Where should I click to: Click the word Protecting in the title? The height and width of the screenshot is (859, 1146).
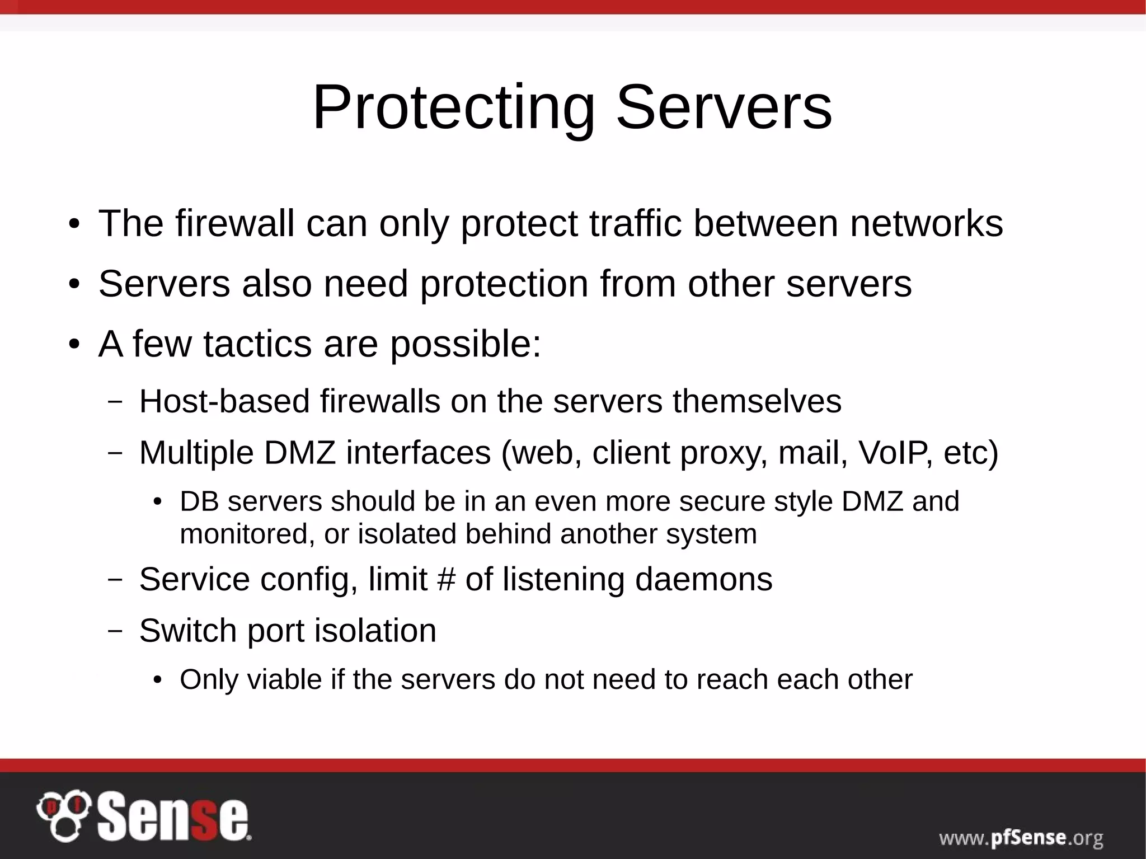(453, 107)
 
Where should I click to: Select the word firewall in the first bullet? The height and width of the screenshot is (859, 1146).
(234, 223)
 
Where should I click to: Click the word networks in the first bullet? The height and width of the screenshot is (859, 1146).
(926, 223)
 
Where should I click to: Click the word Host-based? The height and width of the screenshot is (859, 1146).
(224, 401)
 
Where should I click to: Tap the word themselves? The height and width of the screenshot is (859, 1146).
(757, 401)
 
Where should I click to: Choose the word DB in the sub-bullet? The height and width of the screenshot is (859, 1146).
(199, 501)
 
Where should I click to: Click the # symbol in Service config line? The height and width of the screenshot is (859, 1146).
(446, 579)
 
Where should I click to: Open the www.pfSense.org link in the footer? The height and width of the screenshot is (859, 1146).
(1021, 838)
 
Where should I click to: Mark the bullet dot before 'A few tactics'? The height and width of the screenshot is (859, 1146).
(74, 345)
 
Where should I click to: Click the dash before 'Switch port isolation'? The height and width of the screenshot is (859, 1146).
(115, 631)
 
